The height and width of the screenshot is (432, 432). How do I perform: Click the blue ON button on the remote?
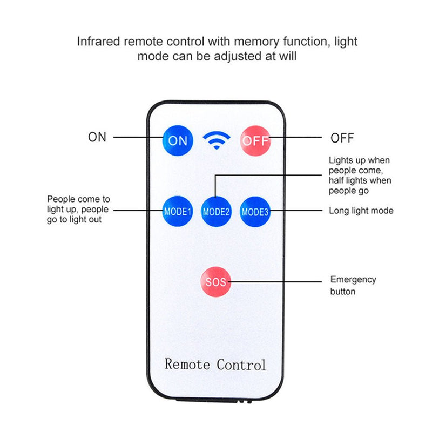(178, 140)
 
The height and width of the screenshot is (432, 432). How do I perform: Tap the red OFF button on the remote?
(255, 140)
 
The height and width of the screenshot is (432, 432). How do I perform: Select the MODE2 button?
(217, 211)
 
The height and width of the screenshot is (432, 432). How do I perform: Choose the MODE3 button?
(255, 211)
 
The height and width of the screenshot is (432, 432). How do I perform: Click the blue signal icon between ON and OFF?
(216, 141)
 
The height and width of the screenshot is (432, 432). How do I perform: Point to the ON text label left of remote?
(97, 137)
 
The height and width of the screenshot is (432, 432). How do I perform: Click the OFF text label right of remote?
(342, 138)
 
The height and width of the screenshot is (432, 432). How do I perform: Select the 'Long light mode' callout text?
(361, 211)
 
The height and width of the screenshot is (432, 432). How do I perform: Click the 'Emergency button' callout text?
(353, 285)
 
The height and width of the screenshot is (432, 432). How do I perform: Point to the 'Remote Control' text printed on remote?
(215, 364)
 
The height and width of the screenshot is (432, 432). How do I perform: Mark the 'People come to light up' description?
(78, 210)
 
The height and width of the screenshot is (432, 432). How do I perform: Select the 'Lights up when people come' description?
(360, 175)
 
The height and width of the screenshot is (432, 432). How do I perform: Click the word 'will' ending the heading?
(286, 56)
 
